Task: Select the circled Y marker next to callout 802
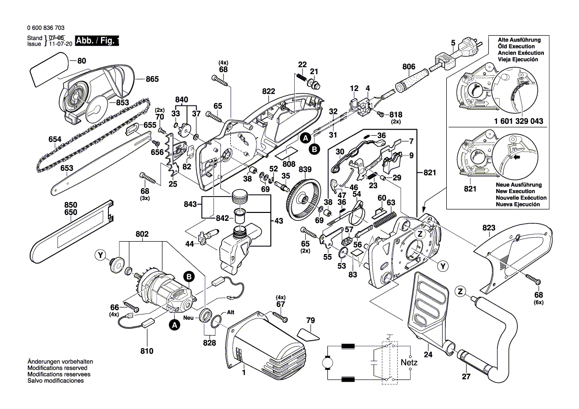tap(101, 256)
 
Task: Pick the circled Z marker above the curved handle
tap(461, 292)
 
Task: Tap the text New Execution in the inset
tap(516, 191)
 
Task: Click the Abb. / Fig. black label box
tap(97, 41)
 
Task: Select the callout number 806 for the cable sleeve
tap(409, 67)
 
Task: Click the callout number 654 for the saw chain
tap(55, 140)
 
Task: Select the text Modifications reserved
tap(57, 368)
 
